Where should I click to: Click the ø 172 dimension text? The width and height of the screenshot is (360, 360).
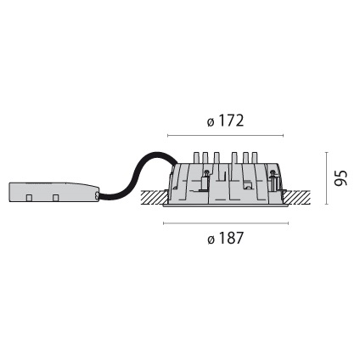point(226,121)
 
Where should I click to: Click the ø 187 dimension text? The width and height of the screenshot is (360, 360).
point(226,239)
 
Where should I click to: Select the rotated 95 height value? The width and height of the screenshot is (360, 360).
point(341,178)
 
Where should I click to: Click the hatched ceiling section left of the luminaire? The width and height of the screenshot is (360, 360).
point(154,198)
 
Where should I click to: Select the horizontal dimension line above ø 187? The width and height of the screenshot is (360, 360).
point(226,223)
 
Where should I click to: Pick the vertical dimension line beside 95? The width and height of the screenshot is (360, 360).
point(327,178)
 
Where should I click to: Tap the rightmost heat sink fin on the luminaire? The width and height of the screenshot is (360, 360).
point(254,158)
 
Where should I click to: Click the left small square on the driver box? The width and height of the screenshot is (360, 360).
point(30,198)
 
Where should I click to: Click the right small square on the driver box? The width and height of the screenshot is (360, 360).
point(55,198)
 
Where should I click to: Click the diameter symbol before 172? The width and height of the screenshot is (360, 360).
point(211,121)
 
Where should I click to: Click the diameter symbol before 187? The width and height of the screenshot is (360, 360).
point(211,239)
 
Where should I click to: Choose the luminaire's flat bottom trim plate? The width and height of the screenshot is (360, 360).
point(226,205)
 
